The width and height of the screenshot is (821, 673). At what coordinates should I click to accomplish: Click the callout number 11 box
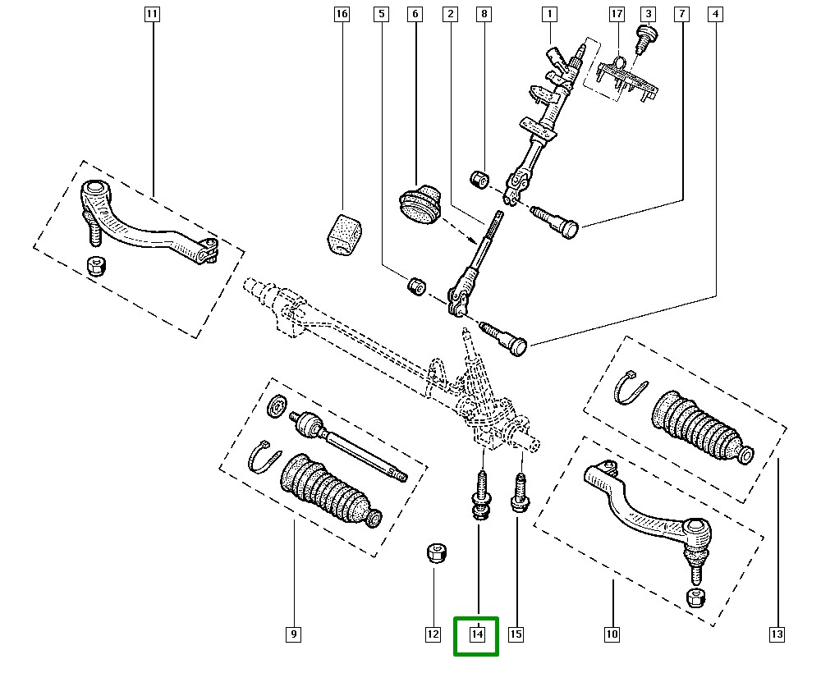click(152, 14)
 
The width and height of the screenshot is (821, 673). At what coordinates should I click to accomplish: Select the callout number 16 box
click(342, 14)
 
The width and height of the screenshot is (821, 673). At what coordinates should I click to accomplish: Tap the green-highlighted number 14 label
click(477, 634)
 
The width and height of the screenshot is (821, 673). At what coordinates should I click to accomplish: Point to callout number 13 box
click(777, 634)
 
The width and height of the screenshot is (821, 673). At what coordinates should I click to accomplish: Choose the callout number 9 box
click(294, 634)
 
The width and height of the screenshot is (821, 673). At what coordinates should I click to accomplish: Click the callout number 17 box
click(617, 14)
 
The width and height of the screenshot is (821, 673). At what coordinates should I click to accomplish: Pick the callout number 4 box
click(715, 14)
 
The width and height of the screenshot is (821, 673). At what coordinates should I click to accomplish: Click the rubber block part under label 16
click(345, 235)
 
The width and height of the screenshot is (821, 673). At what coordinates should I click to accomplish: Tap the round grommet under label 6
click(420, 205)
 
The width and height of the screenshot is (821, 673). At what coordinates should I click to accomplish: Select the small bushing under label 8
click(479, 179)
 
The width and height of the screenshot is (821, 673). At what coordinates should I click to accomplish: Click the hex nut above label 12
click(436, 553)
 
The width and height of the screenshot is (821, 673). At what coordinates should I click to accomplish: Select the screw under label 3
click(647, 39)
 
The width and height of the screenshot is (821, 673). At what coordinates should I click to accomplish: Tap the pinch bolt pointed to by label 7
click(554, 222)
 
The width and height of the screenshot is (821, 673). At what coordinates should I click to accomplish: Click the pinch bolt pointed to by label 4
click(503, 340)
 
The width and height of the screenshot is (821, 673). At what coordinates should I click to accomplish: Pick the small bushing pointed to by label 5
click(417, 286)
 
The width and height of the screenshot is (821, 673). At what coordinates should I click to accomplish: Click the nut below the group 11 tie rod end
click(96, 266)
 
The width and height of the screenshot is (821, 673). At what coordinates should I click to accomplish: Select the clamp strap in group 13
click(631, 387)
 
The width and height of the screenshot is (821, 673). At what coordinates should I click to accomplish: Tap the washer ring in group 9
click(277, 405)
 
